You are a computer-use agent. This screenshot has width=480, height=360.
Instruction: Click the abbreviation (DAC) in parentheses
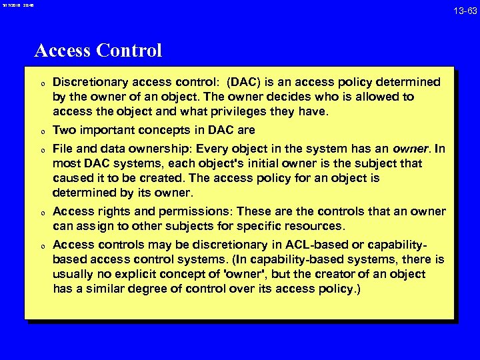[x=245, y=82]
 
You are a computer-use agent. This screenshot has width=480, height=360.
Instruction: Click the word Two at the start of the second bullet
[x=63, y=130]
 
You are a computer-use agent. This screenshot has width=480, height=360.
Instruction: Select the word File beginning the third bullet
[x=63, y=149]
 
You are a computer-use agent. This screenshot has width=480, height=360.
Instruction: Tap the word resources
[x=317, y=226]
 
